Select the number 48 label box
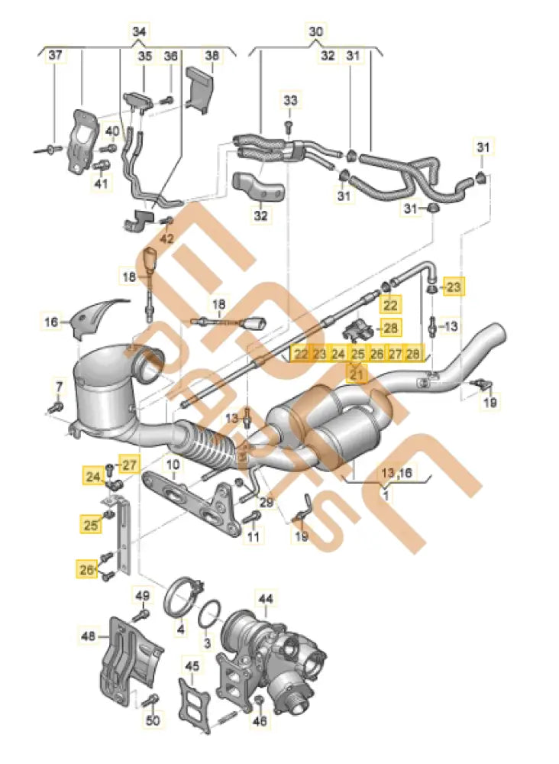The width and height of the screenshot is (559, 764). (x=89, y=634)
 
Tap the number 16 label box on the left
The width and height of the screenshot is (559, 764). (x=50, y=323)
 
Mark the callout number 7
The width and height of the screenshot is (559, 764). (x=58, y=384)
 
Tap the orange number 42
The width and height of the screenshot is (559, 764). (x=167, y=238)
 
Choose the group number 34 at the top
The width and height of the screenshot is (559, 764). (x=138, y=32)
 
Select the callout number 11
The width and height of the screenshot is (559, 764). (x=253, y=537)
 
